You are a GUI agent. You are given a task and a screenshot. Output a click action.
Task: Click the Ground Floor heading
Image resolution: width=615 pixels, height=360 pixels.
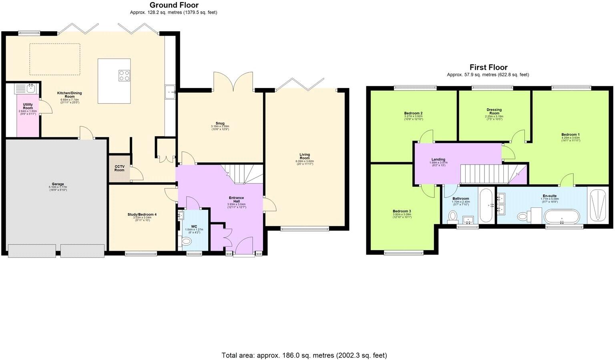(174, 5)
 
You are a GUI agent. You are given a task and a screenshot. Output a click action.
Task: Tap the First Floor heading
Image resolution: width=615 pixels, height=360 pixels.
(488, 67)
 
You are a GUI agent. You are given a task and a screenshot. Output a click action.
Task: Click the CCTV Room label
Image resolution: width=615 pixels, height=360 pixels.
(119, 168)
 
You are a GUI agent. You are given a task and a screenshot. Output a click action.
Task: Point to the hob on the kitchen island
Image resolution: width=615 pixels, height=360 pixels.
(124, 75)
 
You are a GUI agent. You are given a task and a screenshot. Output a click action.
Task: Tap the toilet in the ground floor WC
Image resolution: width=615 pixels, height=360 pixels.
(187, 241)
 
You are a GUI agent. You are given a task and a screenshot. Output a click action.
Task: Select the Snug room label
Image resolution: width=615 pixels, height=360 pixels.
(220, 123)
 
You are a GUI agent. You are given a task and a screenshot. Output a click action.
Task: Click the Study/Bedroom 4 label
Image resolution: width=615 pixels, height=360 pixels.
(142, 215)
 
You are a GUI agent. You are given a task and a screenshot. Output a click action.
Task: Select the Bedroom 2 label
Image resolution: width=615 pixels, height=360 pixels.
(414, 113)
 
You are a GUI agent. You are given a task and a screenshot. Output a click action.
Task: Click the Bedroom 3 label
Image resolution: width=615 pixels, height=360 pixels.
(402, 211)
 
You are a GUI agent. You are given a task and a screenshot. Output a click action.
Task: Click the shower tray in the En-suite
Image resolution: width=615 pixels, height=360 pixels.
(599, 205)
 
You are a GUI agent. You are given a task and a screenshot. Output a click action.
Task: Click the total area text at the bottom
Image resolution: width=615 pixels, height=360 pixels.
(304, 355)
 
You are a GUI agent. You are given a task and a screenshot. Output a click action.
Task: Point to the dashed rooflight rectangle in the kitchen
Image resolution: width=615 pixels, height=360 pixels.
(55, 59)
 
